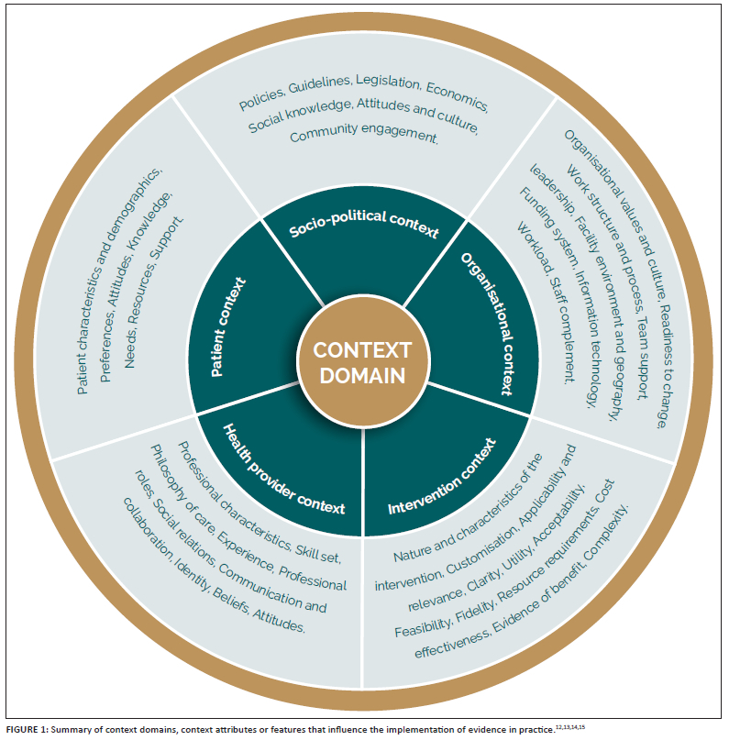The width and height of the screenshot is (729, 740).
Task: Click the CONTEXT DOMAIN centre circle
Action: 362,363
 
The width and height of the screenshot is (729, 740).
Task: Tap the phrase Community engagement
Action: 364,135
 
